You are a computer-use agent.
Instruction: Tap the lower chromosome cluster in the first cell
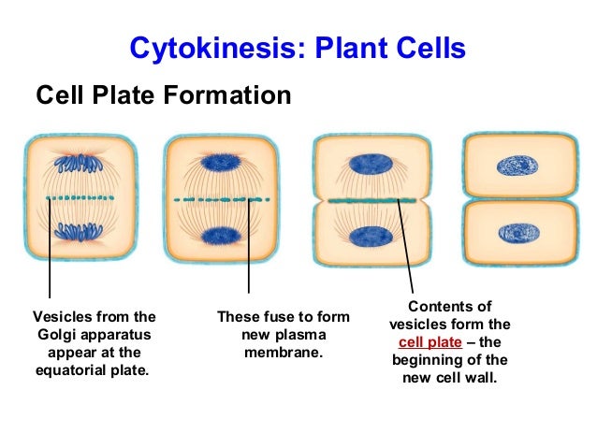(80, 231)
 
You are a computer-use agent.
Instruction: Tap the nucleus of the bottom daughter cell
(518, 232)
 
